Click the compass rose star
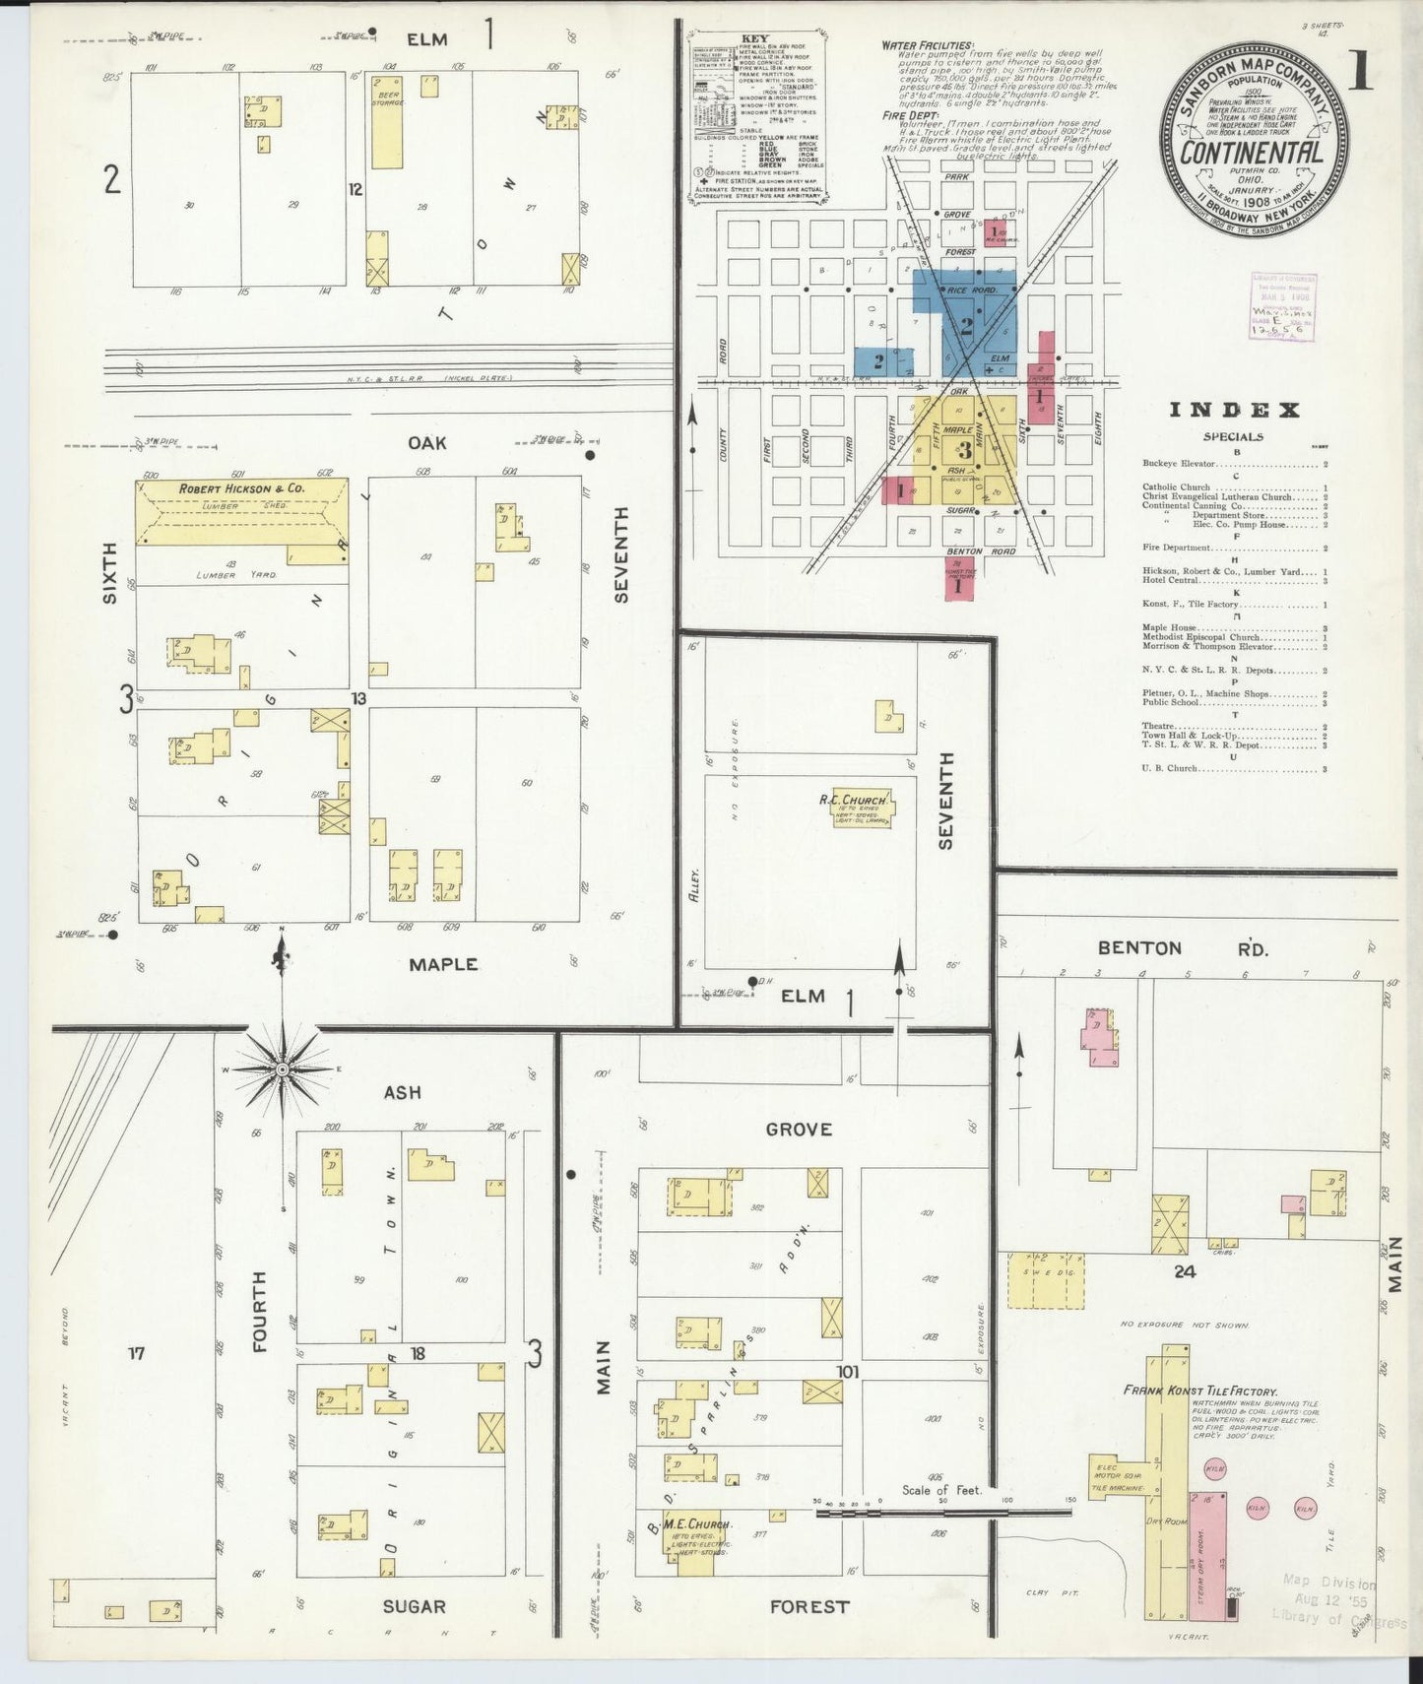pyautogui.click(x=282, y=1069)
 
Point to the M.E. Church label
pyautogui.click(x=696, y=1524)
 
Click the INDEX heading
pyautogui.click(x=1234, y=411)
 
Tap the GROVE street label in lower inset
pyautogui.click(x=799, y=1129)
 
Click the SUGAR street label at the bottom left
pyautogui.click(x=415, y=1606)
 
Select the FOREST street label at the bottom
pyautogui.click(x=809, y=1606)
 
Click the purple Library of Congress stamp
pyautogui.click(x=1283, y=305)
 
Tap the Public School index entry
pyautogui.click(x=1171, y=703)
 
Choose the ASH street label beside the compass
pyautogui.click(x=402, y=1092)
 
